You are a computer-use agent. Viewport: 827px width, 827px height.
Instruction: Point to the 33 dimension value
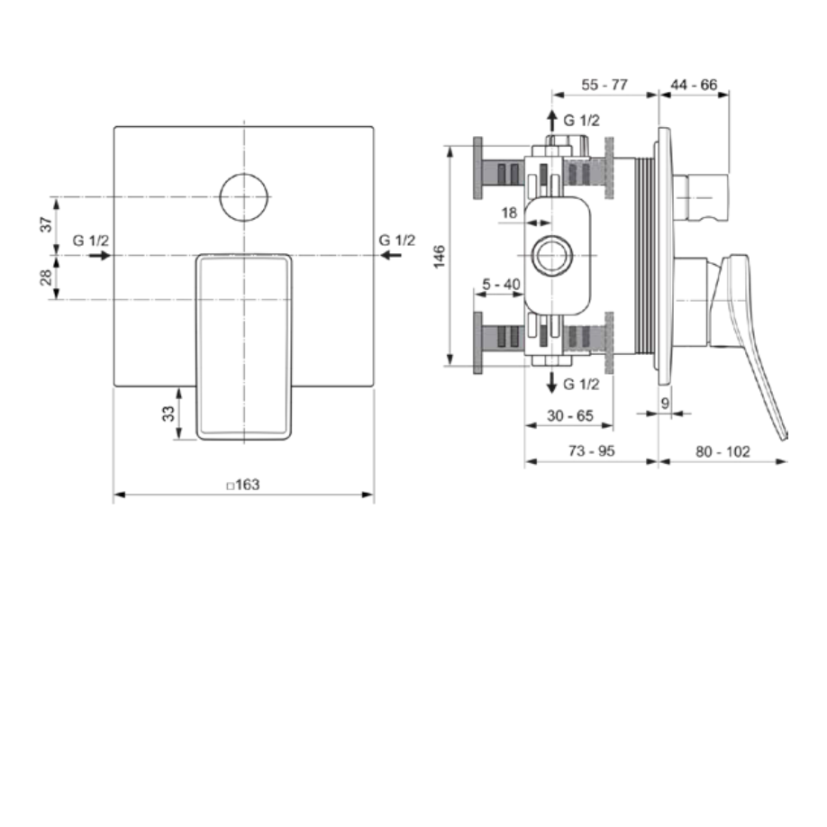point(168,414)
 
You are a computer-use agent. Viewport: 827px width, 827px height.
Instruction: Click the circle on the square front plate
point(244,195)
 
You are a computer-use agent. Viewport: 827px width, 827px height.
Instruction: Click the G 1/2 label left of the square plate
point(91,240)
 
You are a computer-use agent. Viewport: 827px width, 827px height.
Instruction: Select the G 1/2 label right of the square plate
point(397,240)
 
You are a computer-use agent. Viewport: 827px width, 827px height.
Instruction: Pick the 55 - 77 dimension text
point(604,85)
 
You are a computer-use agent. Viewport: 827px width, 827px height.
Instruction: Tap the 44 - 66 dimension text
point(694,85)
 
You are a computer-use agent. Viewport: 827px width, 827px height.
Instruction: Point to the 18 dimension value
point(509,213)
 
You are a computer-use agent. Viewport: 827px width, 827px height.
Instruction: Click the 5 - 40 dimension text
point(501,285)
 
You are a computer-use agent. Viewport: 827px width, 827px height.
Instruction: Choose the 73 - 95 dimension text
point(591,451)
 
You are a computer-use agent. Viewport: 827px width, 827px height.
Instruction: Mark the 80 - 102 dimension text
point(723,451)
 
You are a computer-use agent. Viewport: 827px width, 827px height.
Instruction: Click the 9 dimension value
point(665,403)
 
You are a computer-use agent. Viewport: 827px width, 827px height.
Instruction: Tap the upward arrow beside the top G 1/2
point(552,121)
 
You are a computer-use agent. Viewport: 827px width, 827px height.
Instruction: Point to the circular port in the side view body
point(551,256)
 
